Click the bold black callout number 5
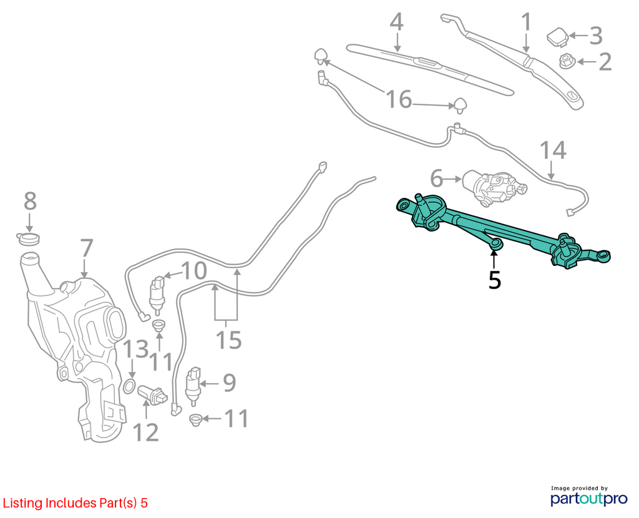click(x=494, y=280)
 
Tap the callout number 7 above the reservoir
click(x=86, y=248)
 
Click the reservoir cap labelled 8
click(x=28, y=239)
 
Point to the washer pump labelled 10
click(x=157, y=294)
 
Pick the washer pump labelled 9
click(x=193, y=386)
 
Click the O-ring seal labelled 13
click(x=129, y=386)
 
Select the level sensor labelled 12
click(x=153, y=395)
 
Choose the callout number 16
click(x=399, y=99)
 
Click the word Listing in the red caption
click(x=23, y=503)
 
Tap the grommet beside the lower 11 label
click(x=196, y=420)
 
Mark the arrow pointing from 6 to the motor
click(x=452, y=178)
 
